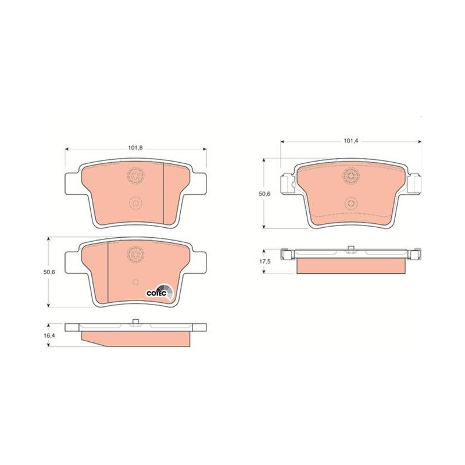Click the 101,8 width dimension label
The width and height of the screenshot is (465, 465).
[135, 148]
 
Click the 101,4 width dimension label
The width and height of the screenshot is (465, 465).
[351, 141]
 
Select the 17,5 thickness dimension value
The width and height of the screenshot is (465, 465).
[264, 261]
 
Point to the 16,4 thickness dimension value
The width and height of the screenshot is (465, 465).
[49, 335]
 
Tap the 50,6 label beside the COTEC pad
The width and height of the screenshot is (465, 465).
[49, 272]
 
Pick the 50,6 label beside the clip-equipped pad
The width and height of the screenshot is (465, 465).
[264, 194]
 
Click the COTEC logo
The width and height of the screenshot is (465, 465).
[160, 292]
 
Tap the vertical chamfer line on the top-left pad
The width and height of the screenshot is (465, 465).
[163, 194]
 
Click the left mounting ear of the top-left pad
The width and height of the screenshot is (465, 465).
[72, 184]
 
